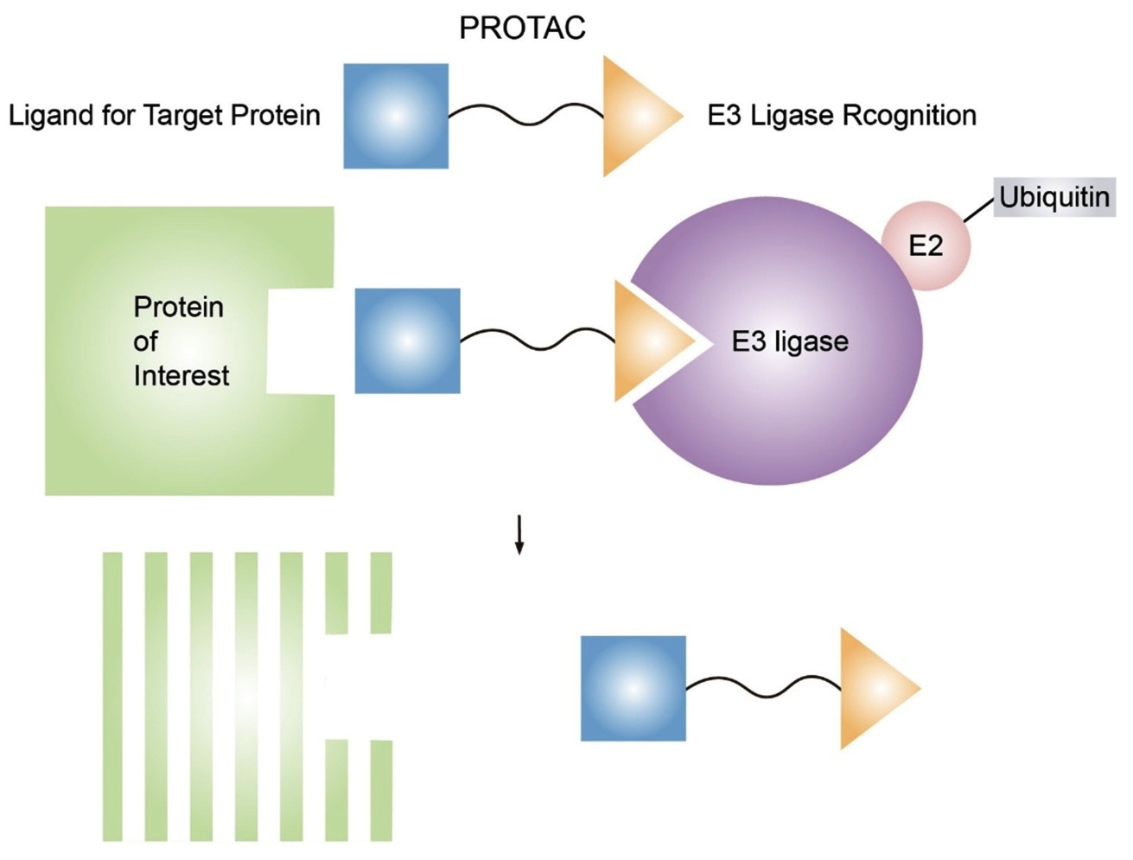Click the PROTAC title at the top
pos(522,29)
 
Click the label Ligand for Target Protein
pos(164,115)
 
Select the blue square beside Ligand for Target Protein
pos(396,116)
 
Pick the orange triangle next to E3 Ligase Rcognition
pos(635,116)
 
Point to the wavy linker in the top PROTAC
pos(525,114)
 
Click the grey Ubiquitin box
pos(1054,197)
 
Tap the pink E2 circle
pos(926,245)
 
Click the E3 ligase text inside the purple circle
pos(790,341)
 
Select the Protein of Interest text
pos(180,341)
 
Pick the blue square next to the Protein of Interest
pos(408,341)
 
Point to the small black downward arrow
pos(519,535)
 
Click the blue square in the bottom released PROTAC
pos(633,689)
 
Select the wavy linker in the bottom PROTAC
pos(763,687)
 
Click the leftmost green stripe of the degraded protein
pos(112,696)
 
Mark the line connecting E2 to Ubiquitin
pos(979,209)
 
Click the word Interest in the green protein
pos(181,376)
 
